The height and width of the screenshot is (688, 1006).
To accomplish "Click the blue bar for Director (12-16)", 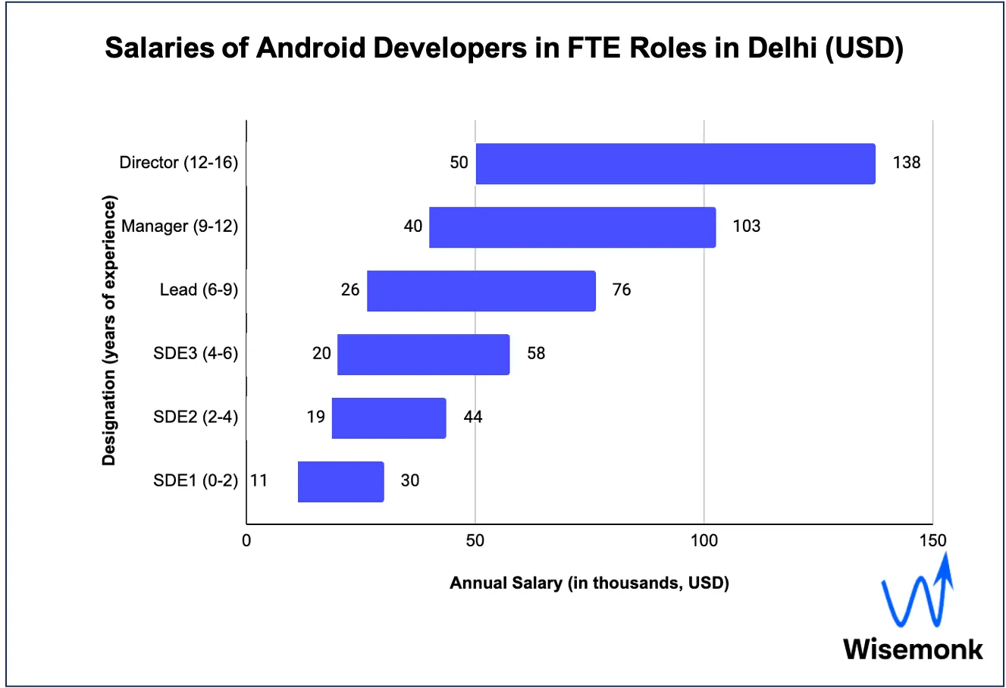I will click(x=675, y=164).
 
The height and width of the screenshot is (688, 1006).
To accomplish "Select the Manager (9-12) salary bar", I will click(x=572, y=227).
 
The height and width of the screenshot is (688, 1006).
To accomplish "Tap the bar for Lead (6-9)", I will click(x=481, y=291).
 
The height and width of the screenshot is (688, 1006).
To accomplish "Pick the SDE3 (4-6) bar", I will click(x=423, y=355).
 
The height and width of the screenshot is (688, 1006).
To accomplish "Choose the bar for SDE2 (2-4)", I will click(x=389, y=418).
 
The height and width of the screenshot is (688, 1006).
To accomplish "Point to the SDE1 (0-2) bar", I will click(x=340, y=482).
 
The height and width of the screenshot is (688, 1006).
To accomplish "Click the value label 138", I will click(x=906, y=162).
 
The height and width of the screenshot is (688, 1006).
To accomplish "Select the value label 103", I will click(x=746, y=226).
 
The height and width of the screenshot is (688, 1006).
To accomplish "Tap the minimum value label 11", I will click(x=259, y=480).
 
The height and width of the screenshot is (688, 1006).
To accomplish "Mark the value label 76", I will click(x=621, y=289).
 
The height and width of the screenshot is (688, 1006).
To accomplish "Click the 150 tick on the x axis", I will click(x=932, y=540).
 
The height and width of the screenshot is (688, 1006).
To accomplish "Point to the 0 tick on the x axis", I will click(x=246, y=540).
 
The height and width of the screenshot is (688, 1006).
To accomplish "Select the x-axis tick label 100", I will click(x=704, y=540).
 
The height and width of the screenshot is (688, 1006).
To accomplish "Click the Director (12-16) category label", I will click(x=179, y=162).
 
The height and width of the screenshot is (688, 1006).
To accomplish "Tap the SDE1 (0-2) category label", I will click(x=196, y=480).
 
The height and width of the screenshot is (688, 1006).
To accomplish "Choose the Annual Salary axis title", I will click(x=589, y=583).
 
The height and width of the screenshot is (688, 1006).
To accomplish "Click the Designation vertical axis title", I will click(x=109, y=330).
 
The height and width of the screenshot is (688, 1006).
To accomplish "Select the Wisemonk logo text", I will click(x=913, y=649).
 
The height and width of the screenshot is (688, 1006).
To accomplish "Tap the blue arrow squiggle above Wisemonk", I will click(x=917, y=595).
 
